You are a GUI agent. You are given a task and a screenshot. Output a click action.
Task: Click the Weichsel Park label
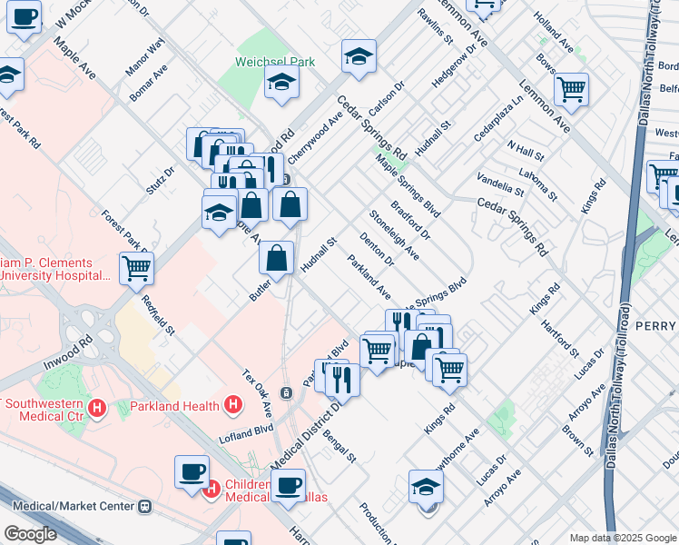pyautogui.click(x=275, y=62)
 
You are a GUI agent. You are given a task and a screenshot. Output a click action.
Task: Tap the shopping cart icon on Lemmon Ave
pyautogui.click(x=571, y=89)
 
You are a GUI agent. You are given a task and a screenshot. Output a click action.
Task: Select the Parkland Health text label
pyautogui.click(x=175, y=405)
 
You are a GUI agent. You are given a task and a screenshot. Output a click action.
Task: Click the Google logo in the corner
pyautogui.click(x=30, y=534)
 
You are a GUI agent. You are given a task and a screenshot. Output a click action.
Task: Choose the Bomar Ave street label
pyautogui.click(x=147, y=82)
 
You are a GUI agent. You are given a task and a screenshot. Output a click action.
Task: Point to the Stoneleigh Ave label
pyautogui.click(x=393, y=233)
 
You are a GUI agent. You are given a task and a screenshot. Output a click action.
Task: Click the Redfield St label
pyautogui.click(x=156, y=312)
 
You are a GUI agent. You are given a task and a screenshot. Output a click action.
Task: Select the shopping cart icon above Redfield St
pyautogui.click(x=136, y=268)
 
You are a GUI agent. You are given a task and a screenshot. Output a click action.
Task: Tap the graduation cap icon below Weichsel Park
pyautogui.click(x=281, y=84)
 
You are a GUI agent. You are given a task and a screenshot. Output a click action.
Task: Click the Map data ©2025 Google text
pyautogui.click(x=623, y=538)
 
